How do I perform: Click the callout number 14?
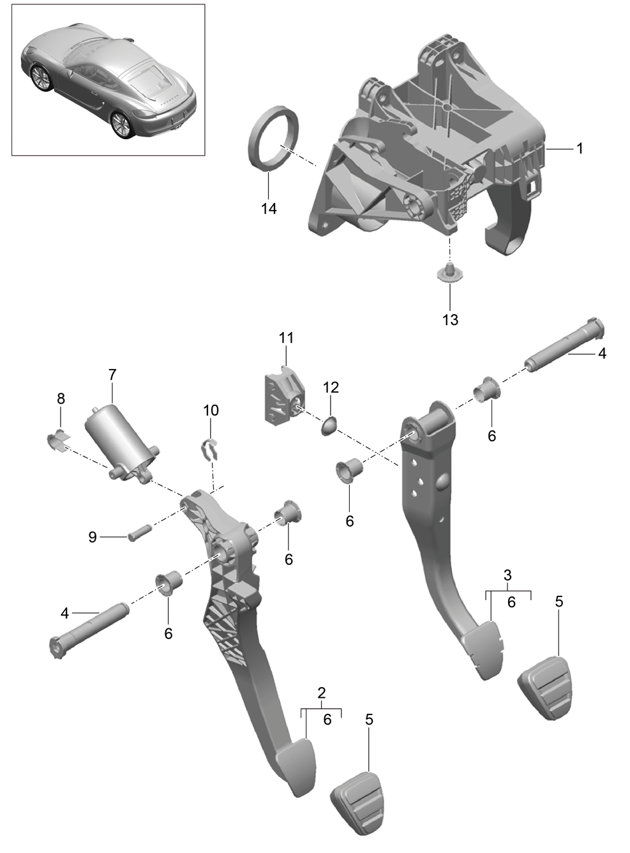(x=269, y=209)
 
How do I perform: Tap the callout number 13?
(x=451, y=320)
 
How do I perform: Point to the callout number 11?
(x=286, y=338)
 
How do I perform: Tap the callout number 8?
(x=61, y=399)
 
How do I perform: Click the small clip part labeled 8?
(x=57, y=441)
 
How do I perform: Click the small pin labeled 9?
(x=140, y=533)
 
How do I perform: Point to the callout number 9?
(x=93, y=536)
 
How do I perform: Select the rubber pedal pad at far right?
(x=544, y=688)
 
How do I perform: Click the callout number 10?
(x=211, y=411)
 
